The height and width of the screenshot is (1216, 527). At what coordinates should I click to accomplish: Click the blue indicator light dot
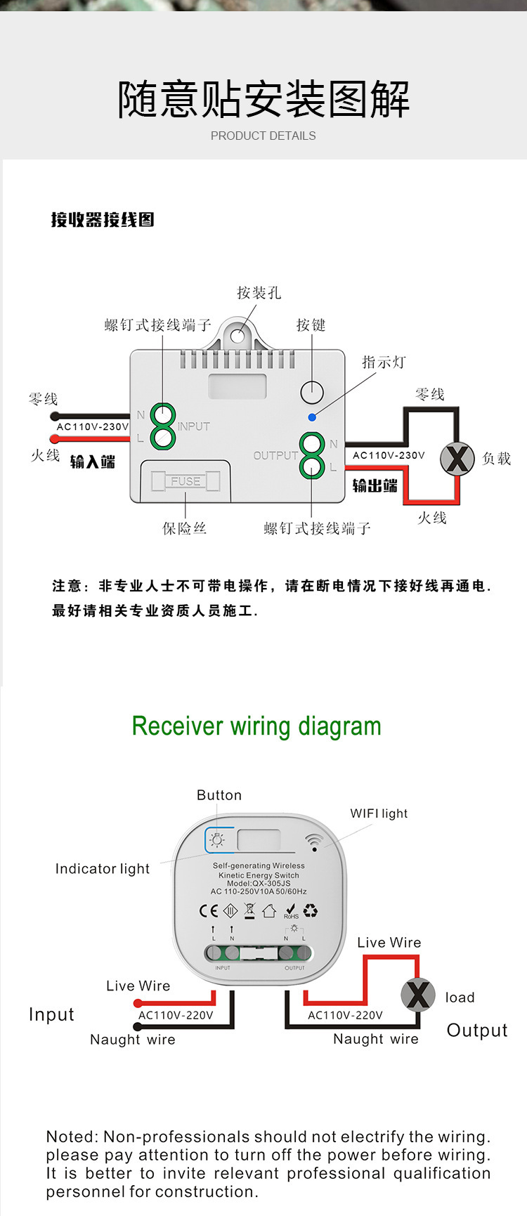pyautogui.click(x=312, y=417)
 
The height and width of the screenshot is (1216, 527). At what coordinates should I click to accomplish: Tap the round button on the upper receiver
pyautogui.click(x=312, y=392)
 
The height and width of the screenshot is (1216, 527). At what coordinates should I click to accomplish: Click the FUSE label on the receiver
pyautogui.click(x=186, y=481)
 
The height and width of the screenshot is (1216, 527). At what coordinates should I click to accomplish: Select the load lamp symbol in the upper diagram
pyautogui.click(x=457, y=459)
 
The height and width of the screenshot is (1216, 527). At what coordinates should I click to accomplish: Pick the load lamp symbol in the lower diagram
pyautogui.click(x=418, y=995)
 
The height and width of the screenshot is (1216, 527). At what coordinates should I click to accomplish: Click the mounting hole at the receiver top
pyautogui.click(x=238, y=336)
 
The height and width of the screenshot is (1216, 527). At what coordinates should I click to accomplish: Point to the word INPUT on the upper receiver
pyautogui.click(x=194, y=426)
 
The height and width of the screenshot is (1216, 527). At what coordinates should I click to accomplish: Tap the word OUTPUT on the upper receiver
pyautogui.click(x=275, y=455)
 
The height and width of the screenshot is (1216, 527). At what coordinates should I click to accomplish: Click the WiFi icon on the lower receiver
pyautogui.click(x=314, y=842)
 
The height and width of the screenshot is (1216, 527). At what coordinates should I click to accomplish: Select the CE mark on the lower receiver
pyautogui.click(x=209, y=910)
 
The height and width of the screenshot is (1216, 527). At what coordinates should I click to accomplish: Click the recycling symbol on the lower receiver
pyautogui.click(x=311, y=910)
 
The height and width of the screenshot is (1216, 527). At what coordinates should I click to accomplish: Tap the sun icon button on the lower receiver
pyautogui.click(x=218, y=839)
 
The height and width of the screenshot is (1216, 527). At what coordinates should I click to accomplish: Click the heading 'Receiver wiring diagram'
pyautogui.click(x=256, y=726)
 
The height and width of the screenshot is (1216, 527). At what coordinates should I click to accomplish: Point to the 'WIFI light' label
pyautogui.click(x=379, y=813)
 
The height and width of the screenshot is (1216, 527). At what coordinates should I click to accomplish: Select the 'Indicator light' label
pyautogui.click(x=103, y=869)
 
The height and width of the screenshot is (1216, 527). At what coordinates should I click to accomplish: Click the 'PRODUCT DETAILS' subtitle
pyautogui.click(x=263, y=136)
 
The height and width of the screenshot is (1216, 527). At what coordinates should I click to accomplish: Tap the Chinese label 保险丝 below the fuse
pyautogui.click(x=184, y=528)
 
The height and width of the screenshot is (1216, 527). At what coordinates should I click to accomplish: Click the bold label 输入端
pyautogui.click(x=93, y=462)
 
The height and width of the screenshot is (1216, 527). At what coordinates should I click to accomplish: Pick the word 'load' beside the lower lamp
pyautogui.click(x=460, y=998)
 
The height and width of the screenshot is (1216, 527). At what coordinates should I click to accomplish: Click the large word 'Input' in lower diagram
pyautogui.click(x=51, y=1014)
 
